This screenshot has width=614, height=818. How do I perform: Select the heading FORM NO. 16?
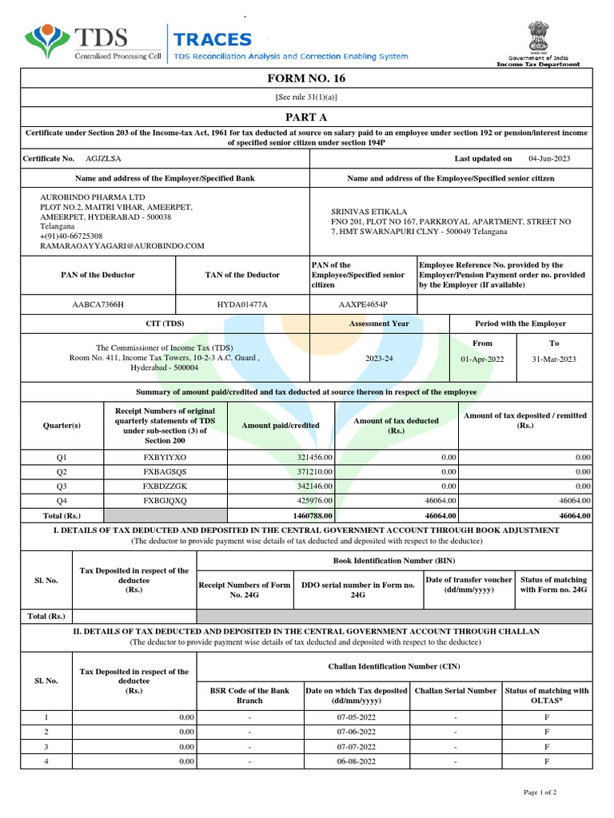click(307, 78)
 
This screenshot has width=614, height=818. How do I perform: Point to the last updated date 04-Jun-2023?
click(549, 159)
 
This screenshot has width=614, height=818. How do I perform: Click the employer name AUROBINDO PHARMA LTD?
click(93, 197)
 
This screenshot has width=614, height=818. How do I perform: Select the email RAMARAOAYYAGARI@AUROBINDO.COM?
click(122, 246)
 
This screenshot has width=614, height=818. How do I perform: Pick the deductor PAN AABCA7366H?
click(98, 304)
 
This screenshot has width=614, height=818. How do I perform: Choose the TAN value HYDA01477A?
click(242, 304)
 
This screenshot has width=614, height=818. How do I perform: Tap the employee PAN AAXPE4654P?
click(363, 304)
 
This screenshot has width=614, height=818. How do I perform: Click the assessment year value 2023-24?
click(380, 359)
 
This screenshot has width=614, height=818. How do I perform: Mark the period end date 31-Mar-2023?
click(554, 359)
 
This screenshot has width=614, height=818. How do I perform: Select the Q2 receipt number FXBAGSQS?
click(164, 471)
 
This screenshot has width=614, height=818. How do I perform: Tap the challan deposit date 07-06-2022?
click(356, 732)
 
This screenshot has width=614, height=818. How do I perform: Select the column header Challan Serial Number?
click(455, 690)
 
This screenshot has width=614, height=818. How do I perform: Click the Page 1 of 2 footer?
click(540, 792)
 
